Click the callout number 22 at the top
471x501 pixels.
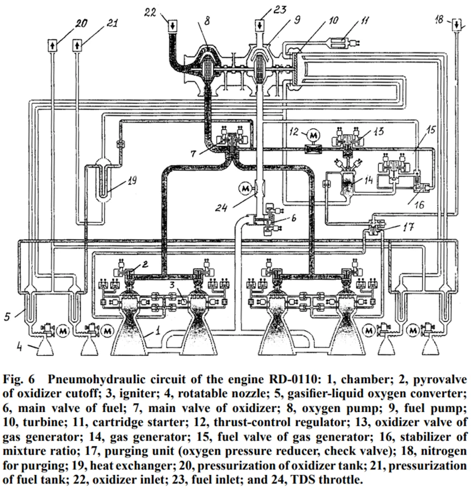(x=150, y=13)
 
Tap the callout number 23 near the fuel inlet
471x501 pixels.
(x=279, y=10)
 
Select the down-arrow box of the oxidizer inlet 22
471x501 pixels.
(x=172, y=25)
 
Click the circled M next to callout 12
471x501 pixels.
(x=313, y=136)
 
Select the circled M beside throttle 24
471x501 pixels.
(x=245, y=189)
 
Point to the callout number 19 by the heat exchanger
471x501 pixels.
(x=131, y=180)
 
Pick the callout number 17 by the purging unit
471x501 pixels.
(x=408, y=227)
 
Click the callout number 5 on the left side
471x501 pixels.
(x=7, y=316)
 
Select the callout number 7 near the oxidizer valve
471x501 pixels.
(x=193, y=154)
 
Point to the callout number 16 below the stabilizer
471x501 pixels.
(x=419, y=204)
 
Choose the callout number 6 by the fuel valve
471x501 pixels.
(x=293, y=218)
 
